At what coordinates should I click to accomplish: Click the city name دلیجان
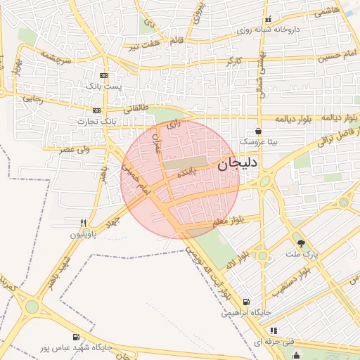point(238,164)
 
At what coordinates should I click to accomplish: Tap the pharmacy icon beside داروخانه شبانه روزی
point(268,20)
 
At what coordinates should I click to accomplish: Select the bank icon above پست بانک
point(104,75)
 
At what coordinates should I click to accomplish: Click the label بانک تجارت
point(98,121)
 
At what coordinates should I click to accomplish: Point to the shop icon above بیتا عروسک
point(259,131)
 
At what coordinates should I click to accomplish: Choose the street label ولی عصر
point(72,150)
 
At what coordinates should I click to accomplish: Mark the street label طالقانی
point(136,108)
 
